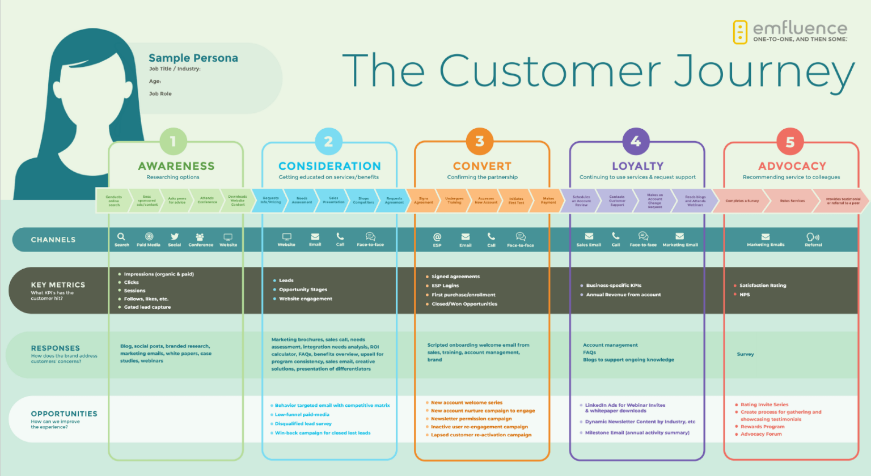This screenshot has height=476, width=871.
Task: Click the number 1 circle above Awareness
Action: point(173,142)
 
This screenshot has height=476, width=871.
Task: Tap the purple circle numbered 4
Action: point(636,142)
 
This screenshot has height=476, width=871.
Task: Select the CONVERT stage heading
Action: point(482,166)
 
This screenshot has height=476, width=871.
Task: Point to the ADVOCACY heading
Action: point(792,166)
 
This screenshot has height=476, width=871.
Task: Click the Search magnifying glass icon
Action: point(121,236)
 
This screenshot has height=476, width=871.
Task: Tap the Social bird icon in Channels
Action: point(175,236)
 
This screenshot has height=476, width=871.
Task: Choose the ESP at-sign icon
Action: point(437,237)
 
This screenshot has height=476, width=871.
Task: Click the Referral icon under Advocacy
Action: point(813,237)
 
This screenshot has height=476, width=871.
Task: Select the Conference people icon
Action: point(200,237)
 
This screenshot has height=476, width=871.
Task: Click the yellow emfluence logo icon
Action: point(740,32)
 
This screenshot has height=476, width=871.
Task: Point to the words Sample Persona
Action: point(193,58)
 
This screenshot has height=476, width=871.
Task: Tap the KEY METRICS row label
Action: point(58,285)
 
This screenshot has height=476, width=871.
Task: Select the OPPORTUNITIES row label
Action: point(64,414)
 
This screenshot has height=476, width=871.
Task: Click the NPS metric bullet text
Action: point(745,295)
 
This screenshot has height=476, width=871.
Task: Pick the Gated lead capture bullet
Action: point(147,307)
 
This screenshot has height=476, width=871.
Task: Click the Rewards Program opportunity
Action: point(763,427)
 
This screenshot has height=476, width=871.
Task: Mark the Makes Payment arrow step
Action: point(548,201)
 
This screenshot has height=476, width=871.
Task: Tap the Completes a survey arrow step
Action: point(742,201)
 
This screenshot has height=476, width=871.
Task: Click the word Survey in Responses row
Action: point(745,354)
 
